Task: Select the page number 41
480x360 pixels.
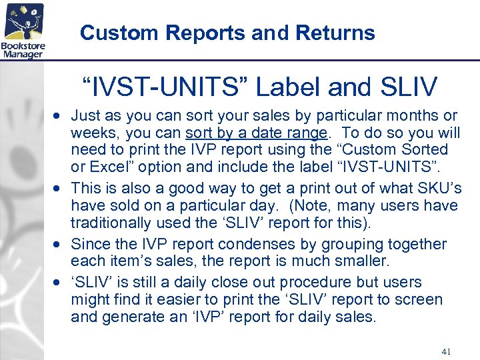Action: (x=447, y=351)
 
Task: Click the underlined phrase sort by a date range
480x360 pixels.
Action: (x=257, y=132)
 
